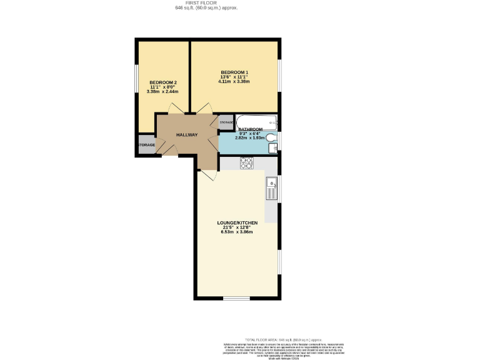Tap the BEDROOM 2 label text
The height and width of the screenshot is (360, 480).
click(162, 82)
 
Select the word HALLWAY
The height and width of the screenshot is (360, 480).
click(186, 135)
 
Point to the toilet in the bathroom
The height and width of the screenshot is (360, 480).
click(272, 137)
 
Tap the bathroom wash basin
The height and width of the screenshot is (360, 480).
click(272, 148)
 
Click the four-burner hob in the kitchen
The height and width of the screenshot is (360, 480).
click(246, 163)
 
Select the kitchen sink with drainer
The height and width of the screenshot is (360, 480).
click(272, 187)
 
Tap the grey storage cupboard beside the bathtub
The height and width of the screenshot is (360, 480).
click(226, 123)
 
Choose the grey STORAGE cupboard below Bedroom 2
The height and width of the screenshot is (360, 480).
click(147, 145)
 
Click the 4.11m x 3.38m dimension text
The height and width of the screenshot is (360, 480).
click(234, 82)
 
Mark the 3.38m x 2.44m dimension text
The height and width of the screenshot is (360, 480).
click(162, 92)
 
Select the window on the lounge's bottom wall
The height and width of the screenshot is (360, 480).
click(236, 298)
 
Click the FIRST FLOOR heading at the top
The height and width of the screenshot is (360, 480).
click(206, 3)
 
